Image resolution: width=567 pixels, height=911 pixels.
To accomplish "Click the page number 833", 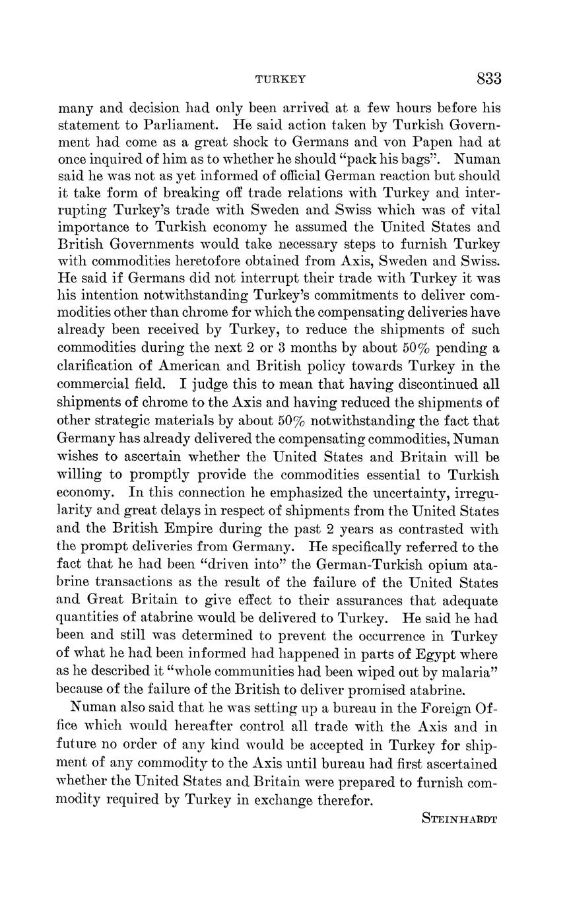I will [488, 79].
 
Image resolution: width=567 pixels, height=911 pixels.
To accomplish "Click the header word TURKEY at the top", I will [281, 80].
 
